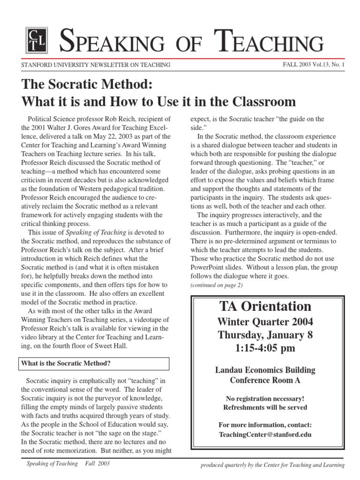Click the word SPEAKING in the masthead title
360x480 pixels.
pos(112,42)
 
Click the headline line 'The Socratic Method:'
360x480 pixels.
pos(87,84)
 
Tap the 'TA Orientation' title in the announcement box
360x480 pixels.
pos(265,307)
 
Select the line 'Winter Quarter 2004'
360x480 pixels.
pos(265,322)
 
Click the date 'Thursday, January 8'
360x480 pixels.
pos(265,335)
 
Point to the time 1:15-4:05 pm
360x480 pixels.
pos(265,349)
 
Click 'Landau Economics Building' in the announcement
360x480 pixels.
pos(265,370)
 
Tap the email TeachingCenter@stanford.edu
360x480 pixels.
pos(265,434)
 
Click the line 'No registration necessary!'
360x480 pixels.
pos(265,398)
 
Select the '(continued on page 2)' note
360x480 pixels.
pos(217,285)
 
